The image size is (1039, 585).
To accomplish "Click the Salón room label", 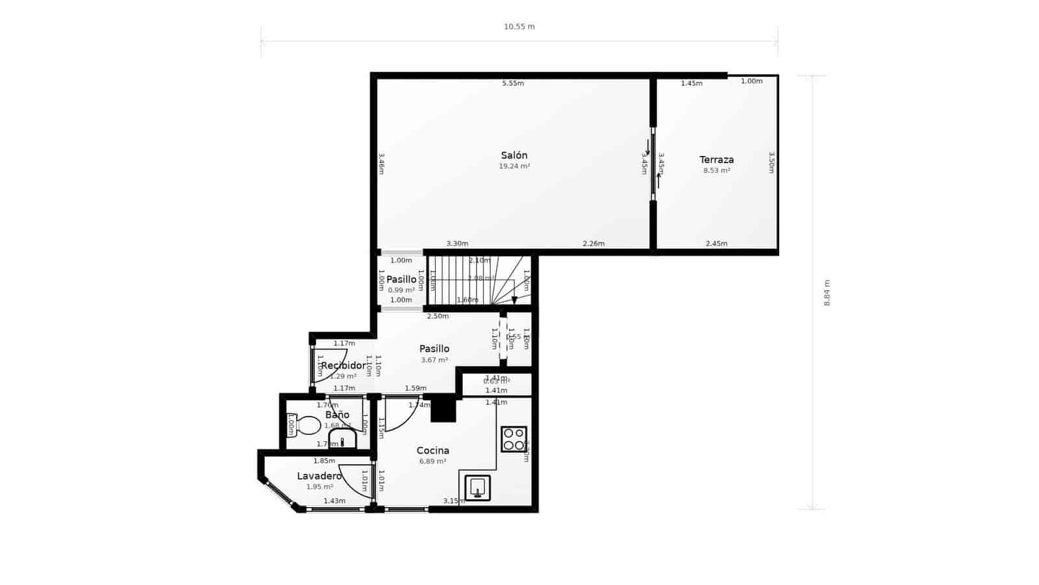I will [x=514, y=155].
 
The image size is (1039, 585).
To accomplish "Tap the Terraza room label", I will [x=716, y=159].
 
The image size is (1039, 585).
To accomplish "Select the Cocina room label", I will [x=432, y=450].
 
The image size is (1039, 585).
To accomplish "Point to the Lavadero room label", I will [x=319, y=476].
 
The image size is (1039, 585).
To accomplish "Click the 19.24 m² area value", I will [x=514, y=166].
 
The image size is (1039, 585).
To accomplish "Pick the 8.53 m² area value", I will [x=716, y=170].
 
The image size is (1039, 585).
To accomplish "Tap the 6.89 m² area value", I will [x=432, y=461].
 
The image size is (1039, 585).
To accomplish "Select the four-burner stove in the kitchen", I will [x=514, y=439].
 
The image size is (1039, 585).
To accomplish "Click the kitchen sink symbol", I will [x=477, y=487].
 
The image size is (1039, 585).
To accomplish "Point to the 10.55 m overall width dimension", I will [x=519, y=27].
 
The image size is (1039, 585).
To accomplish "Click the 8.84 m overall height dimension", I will [x=827, y=292].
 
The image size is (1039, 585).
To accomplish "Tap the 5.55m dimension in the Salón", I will [x=512, y=83].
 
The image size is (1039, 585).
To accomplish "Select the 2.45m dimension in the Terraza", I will [x=716, y=244].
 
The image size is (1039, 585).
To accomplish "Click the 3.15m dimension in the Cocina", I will [x=453, y=500].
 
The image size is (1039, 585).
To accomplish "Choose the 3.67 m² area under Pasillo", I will [x=434, y=360].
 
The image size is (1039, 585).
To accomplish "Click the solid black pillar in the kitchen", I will [x=444, y=409].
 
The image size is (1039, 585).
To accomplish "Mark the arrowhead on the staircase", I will [x=514, y=300].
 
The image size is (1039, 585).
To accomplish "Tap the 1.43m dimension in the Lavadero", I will [x=334, y=500].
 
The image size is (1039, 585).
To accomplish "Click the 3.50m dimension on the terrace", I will [x=771, y=162].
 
